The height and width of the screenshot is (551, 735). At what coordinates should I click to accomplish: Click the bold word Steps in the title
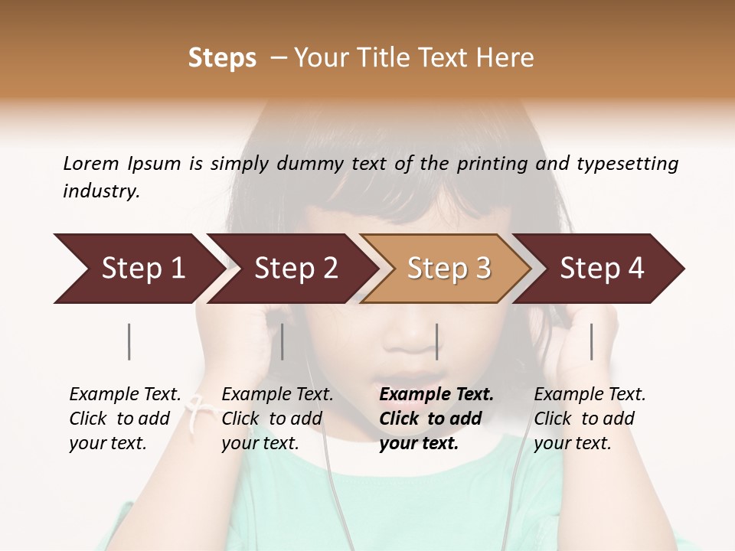222,58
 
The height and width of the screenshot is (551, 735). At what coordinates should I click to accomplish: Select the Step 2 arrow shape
296,268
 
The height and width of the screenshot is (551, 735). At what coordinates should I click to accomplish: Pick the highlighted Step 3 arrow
449,268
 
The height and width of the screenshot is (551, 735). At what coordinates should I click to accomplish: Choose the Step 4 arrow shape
602,268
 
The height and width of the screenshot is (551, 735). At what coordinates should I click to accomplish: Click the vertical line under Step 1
129,341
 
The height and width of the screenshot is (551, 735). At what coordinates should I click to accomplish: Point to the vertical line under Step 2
283,341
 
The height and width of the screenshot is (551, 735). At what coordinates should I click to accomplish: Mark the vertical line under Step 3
436,341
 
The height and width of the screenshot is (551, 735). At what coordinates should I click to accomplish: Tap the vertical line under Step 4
591,341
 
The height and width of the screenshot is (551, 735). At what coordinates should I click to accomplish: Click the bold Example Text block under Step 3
436,419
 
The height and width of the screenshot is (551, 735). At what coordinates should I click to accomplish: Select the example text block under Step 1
125,419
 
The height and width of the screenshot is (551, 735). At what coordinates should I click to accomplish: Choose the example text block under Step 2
277,419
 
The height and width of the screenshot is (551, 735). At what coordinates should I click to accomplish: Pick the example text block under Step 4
590,419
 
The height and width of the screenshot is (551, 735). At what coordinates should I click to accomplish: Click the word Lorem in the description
91,163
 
